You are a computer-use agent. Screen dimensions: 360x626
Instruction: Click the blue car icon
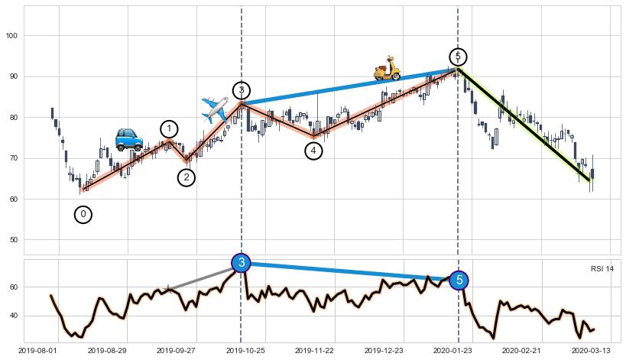[x=128, y=139]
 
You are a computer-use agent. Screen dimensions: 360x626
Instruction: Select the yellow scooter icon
[x=388, y=69]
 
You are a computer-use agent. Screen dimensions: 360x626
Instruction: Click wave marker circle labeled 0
[x=83, y=215]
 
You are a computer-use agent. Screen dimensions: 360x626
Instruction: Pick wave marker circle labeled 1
[x=169, y=129]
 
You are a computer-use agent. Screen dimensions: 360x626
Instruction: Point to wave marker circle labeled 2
[x=187, y=178]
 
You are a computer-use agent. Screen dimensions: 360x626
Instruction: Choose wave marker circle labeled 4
[x=314, y=151]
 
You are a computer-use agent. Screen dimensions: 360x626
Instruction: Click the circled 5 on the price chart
[x=458, y=57]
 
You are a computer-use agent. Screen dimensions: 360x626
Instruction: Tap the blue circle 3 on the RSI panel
[x=242, y=263]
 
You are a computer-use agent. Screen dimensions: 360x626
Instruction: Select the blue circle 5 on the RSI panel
[x=459, y=281]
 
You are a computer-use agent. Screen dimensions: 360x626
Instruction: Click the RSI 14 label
[x=602, y=269]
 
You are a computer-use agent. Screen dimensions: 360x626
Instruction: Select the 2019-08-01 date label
[x=37, y=351]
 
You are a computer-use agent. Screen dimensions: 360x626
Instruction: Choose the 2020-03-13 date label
[x=589, y=351]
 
